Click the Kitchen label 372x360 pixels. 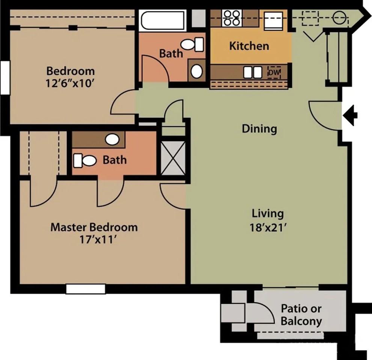249,46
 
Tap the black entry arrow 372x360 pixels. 350,115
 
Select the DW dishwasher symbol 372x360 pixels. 274,72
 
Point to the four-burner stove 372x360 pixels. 232,18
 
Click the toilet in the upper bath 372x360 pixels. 192,44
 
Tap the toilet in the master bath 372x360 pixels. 85,160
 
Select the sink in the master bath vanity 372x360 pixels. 112,139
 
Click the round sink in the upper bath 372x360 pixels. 196,71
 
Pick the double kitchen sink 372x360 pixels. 253,72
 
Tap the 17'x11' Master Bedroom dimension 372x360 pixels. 98,240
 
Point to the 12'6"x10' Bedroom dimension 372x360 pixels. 70,83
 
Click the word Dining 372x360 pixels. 259,129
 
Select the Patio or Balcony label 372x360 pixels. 301,315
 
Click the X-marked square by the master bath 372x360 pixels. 173,158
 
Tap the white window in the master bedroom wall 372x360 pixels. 86,289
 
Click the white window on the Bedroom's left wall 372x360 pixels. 5,78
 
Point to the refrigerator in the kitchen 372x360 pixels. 274,20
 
